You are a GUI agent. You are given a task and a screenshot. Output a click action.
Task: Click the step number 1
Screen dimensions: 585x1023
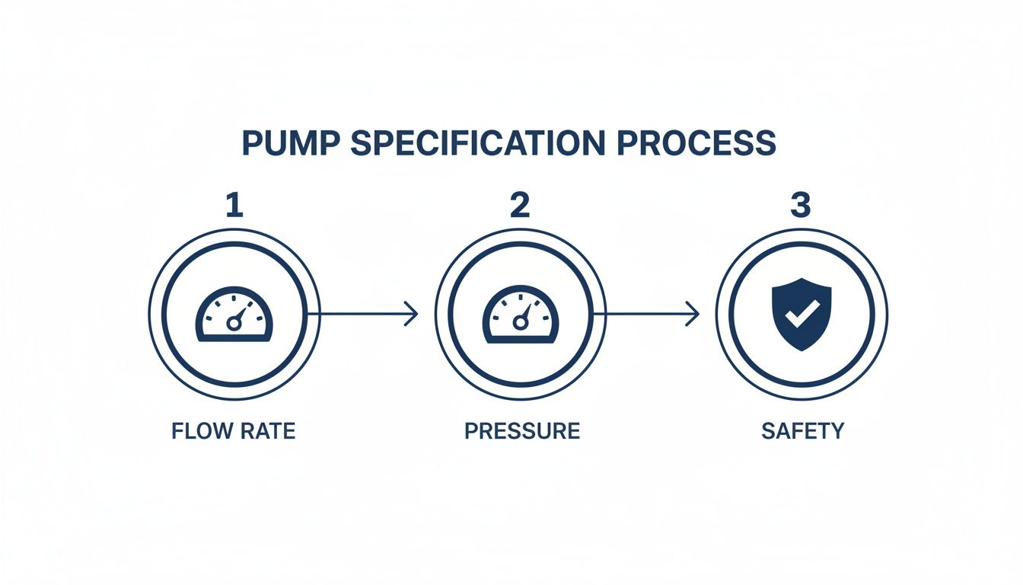click(x=234, y=206)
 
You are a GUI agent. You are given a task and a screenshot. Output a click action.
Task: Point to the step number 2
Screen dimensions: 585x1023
click(x=520, y=206)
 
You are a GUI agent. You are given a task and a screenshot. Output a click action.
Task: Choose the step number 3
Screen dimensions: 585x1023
click(x=800, y=206)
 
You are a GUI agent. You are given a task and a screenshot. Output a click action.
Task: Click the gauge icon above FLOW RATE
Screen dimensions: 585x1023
click(x=234, y=315)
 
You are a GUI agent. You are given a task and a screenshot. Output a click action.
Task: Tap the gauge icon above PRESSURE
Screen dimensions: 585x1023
click(x=521, y=315)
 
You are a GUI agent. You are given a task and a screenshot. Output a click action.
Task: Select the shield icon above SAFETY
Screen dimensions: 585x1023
click(x=802, y=314)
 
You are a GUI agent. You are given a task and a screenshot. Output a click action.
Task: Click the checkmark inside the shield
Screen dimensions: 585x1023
click(x=802, y=313)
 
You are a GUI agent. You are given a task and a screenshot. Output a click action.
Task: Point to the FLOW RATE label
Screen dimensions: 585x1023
click(x=233, y=431)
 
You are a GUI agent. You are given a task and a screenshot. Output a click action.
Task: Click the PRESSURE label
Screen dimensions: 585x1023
click(x=522, y=431)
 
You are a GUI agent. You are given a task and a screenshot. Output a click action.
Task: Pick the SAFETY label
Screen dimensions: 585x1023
click(x=802, y=431)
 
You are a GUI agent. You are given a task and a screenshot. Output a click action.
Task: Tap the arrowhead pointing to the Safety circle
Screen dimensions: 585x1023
click(x=693, y=313)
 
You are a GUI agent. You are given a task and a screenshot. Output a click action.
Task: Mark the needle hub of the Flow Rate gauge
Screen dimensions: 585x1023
click(x=234, y=324)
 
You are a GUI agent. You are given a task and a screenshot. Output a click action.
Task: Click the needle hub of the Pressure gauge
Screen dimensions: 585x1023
click(x=521, y=324)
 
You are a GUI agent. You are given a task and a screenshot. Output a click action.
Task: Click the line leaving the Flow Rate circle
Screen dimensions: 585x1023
click(x=358, y=313)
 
